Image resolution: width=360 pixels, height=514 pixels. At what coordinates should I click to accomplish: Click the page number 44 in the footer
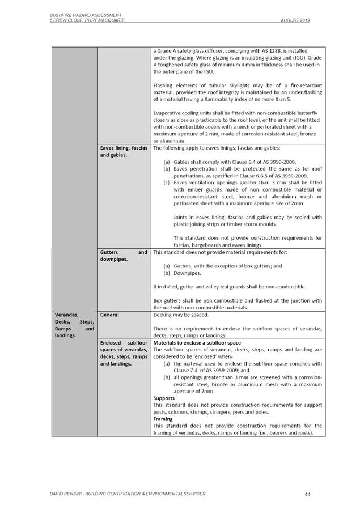(x=307, y=495)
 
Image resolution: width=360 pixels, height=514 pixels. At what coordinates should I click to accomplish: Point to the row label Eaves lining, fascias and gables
(x=123, y=151)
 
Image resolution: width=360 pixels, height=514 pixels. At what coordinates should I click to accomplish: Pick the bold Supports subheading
(x=164, y=398)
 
